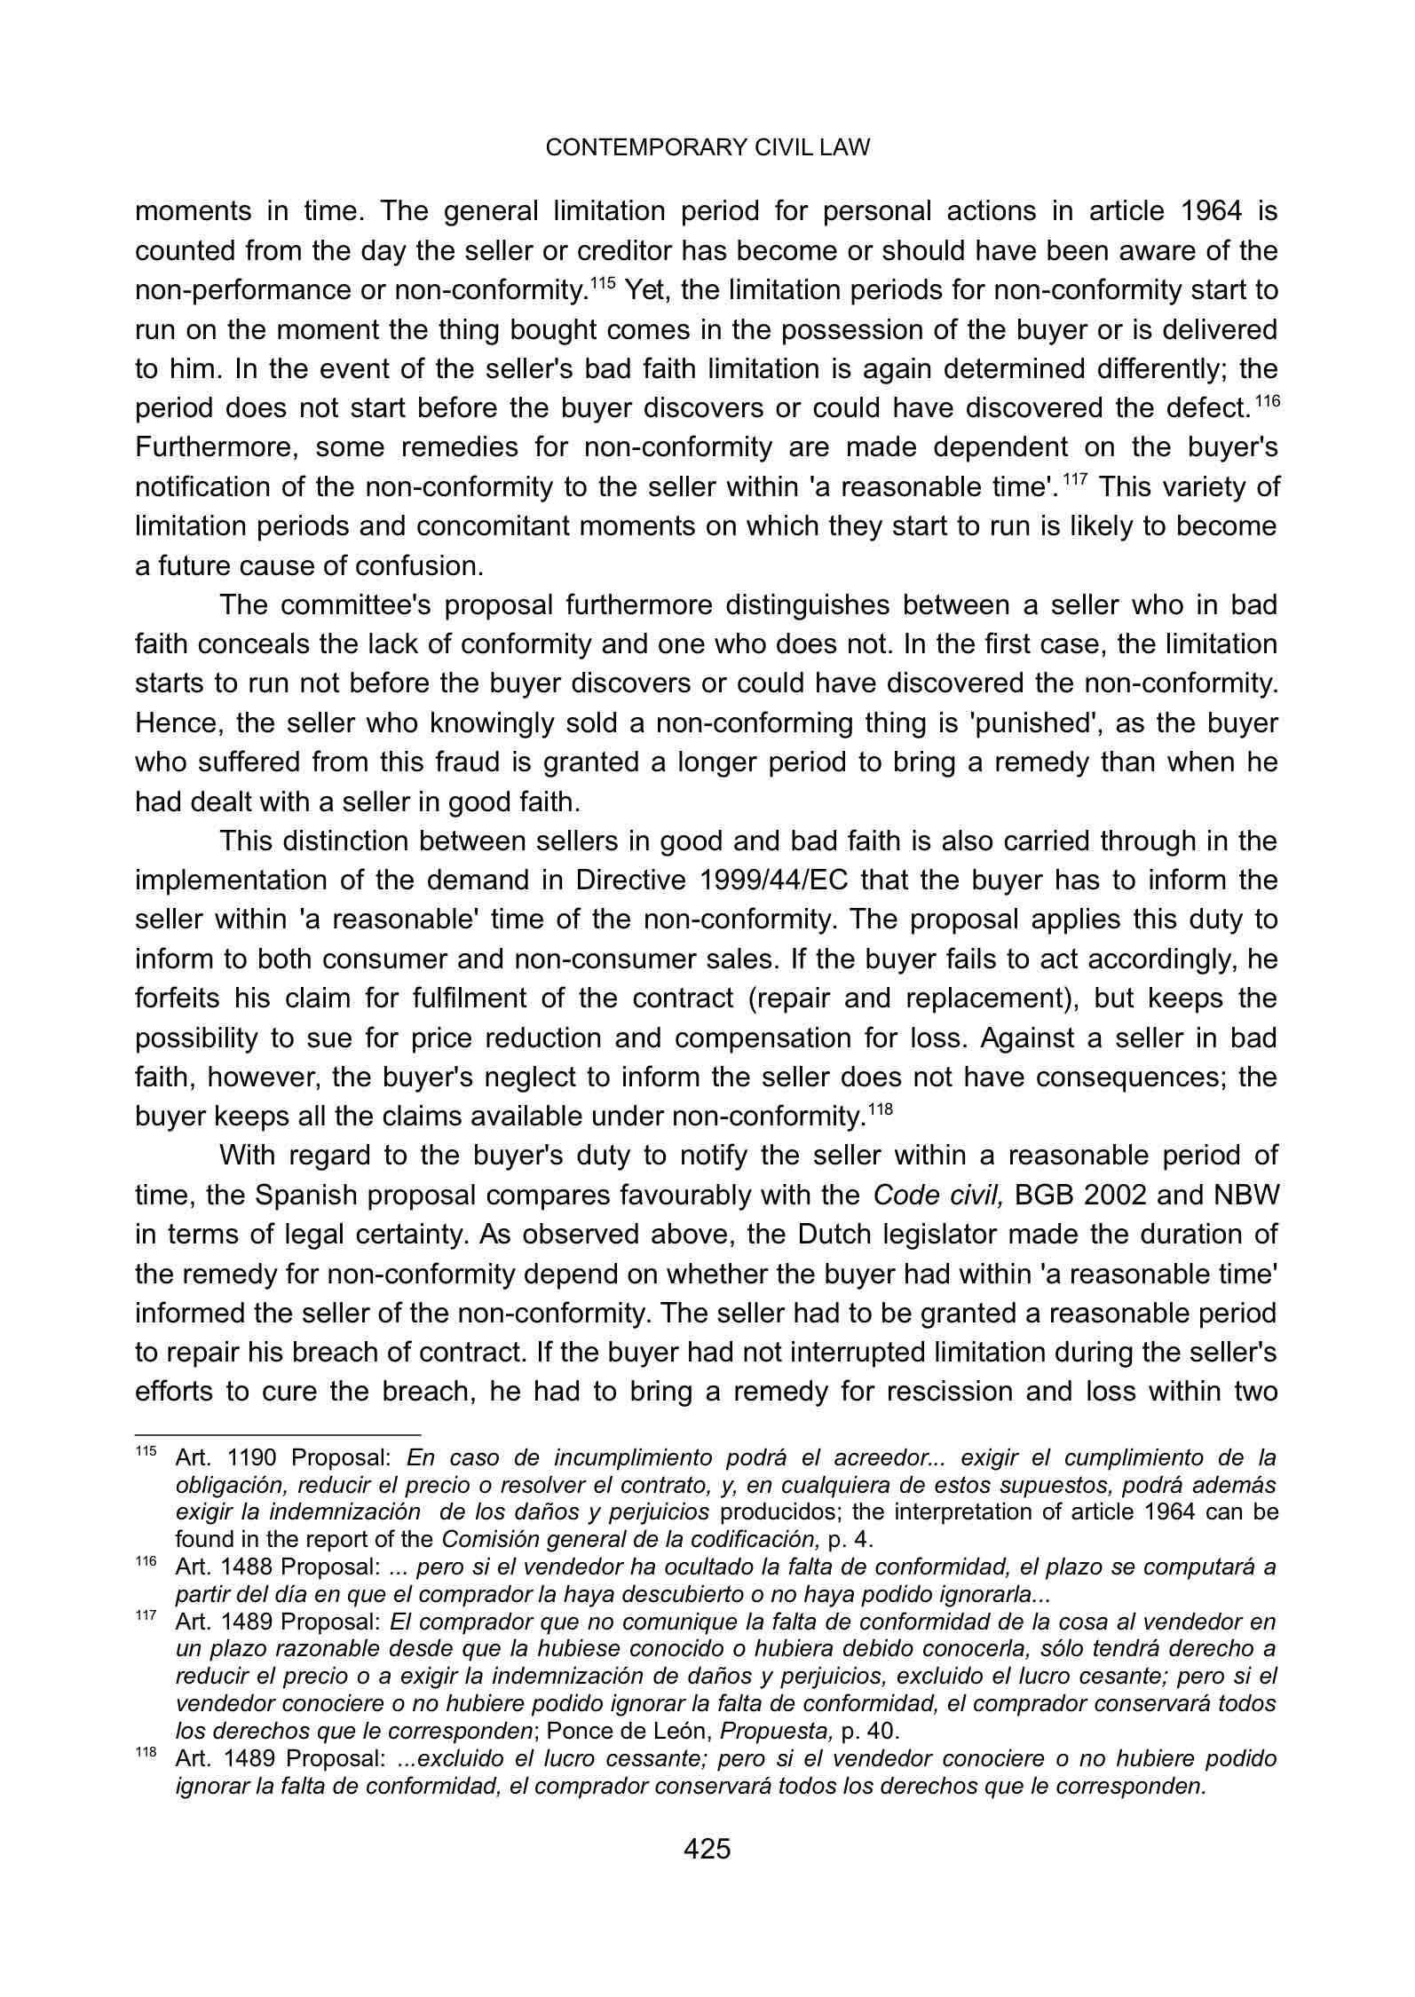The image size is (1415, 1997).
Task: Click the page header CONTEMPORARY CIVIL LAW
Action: tap(707, 148)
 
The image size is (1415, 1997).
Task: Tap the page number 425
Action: tap(707, 1850)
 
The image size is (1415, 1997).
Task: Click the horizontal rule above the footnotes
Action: tap(277, 1433)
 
